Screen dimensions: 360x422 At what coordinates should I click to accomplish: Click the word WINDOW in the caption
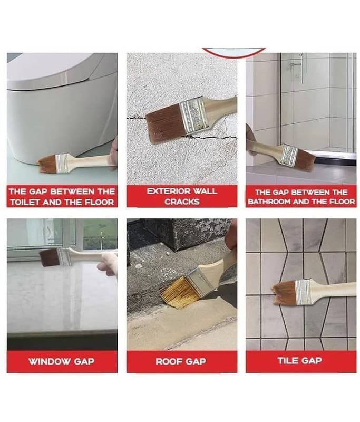pos(49,361)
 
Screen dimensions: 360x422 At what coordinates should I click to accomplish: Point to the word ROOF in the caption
pos(167,361)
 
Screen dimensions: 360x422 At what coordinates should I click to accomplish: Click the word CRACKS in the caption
pos(182,202)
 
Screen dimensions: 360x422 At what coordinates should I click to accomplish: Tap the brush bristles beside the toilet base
pos(46,164)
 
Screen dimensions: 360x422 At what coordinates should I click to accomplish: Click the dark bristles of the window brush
pos(50,257)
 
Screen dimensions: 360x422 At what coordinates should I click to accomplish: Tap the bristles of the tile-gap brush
pos(284,292)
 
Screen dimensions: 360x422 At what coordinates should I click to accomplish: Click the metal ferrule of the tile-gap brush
pos(303,292)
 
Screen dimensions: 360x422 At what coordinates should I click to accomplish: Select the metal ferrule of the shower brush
pos(289,155)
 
